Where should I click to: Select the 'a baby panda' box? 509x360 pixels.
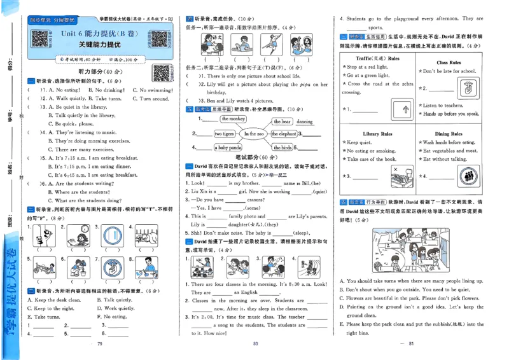coord(227,148)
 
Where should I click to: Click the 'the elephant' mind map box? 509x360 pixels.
coord(283,134)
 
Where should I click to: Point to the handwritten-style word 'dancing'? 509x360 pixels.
coord(305,121)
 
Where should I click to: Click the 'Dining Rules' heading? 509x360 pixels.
coord(448,134)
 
